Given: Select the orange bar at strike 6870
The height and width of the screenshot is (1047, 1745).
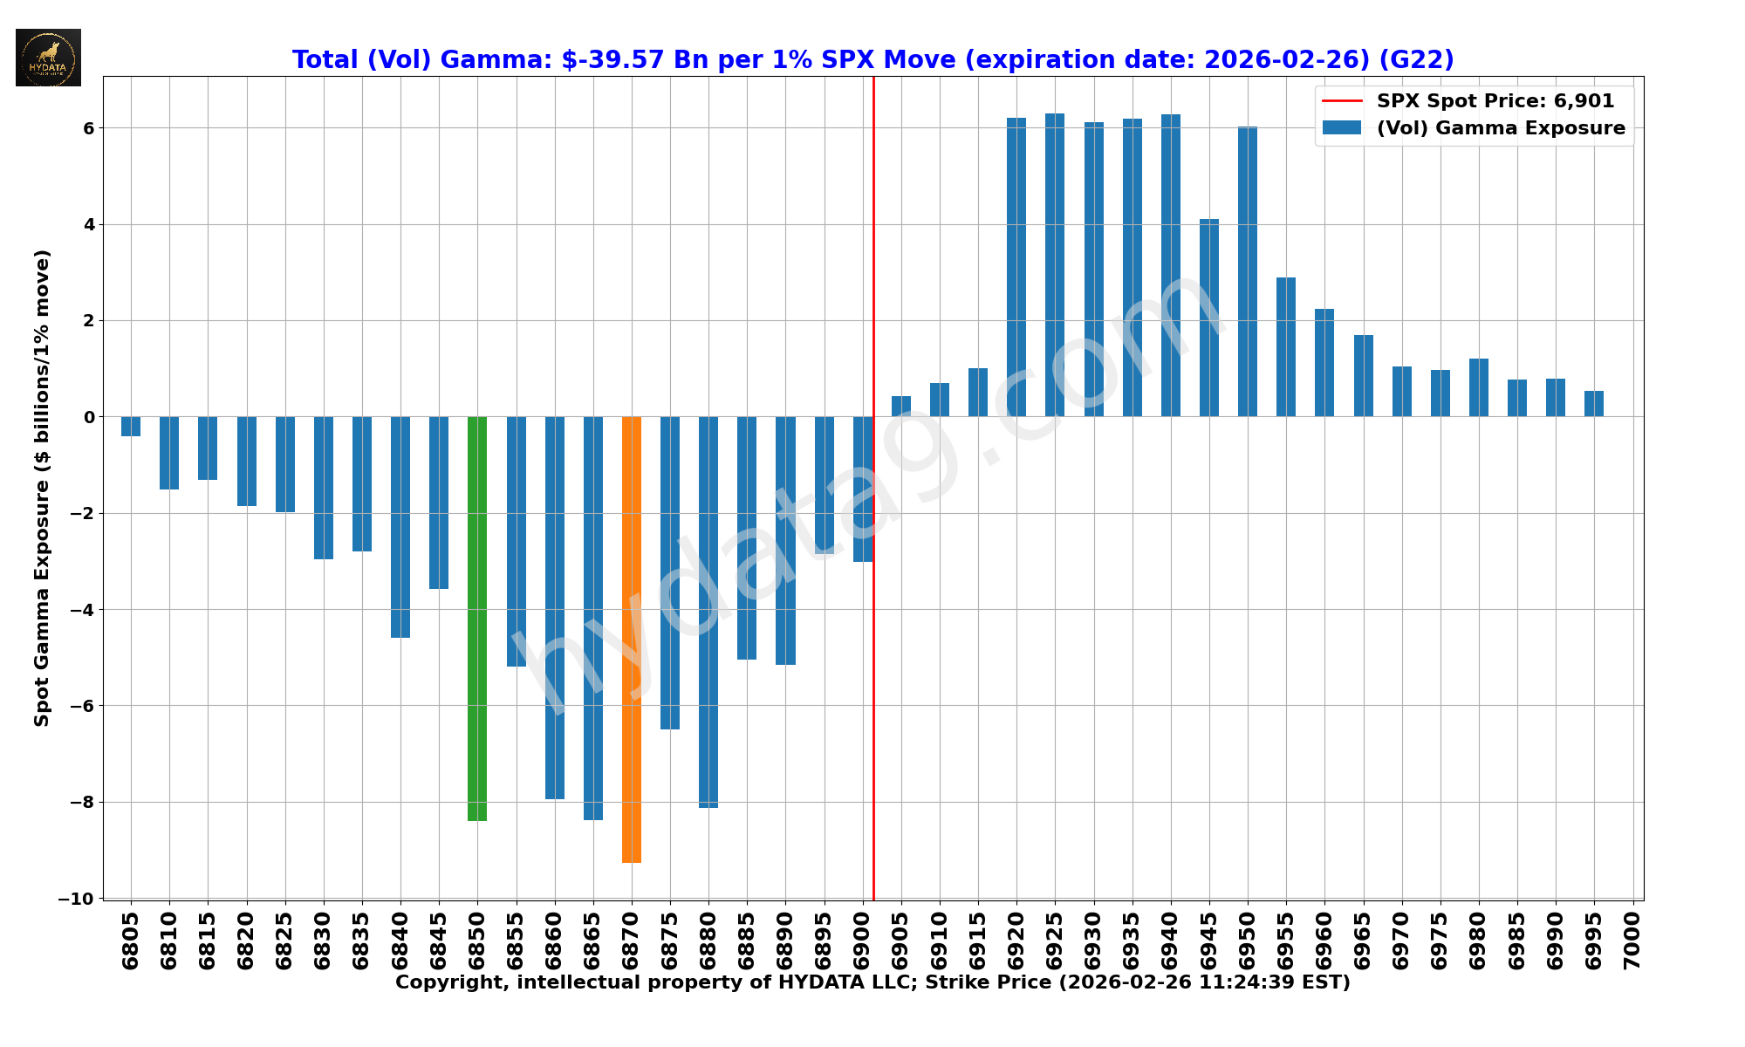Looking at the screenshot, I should [x=632, y=639].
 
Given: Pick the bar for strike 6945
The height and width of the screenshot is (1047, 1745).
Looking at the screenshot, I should [x=1209, y=318].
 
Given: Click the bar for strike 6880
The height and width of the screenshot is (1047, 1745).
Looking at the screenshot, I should [x=708, y=612].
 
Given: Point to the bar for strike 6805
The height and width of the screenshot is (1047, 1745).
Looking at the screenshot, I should [x=131, y=426].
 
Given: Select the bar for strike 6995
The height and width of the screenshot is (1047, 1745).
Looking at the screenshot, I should [x=1594, y=404].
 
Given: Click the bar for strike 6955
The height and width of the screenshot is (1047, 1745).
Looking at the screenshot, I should [x=1286, y=346].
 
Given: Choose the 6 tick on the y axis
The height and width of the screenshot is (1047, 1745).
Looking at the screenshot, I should [x=88, y=128].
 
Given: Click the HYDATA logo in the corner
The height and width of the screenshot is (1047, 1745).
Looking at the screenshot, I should [x=48, y=58].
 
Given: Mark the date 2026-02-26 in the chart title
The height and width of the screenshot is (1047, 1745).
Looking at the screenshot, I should [x=1283, y=59].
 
